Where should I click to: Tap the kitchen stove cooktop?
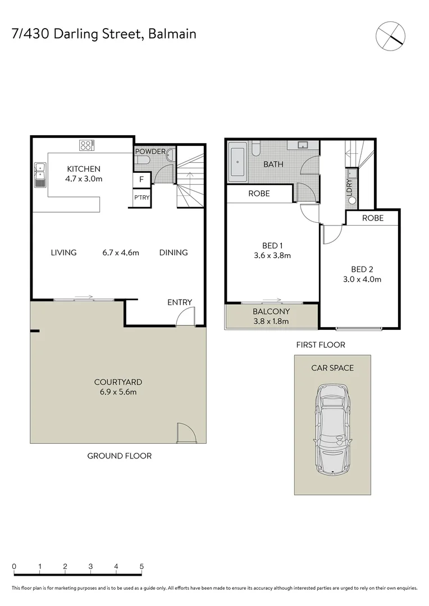click(x=86, y=146)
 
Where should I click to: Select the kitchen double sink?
click(x=40, y=175)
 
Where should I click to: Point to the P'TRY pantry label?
click(x=141, y=198)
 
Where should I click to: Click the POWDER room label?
click(x=150, y=151)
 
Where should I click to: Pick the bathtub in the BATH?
click(x=238, y=163)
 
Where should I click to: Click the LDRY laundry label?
click(x=349, y=187)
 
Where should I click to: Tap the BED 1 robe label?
click(x=259, y=194)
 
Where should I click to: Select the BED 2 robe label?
click(x=373, y=218)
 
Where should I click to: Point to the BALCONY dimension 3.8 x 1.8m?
click(x=271, y=321)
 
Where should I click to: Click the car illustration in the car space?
click(x=332, y=429)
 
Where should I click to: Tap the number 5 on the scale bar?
click(x=142, y=566)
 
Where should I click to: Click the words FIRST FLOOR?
click(x=321, y=345)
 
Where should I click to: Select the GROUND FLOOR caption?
click(x=119, y=456)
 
